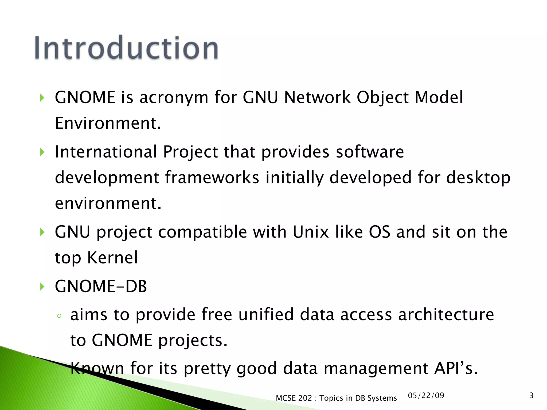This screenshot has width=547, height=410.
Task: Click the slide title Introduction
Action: point(126,48)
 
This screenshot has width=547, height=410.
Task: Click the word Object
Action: point(382,98)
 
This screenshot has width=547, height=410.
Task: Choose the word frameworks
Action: point(212,178)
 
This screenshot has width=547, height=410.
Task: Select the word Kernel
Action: point(112,258)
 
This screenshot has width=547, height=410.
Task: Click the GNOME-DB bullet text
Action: point(101,286)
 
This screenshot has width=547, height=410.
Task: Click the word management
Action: point(376,369)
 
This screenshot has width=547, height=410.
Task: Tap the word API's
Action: point(456,368)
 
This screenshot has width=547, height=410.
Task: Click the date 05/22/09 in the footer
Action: point(426,396)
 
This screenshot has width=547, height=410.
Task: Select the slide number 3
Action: point(531,396)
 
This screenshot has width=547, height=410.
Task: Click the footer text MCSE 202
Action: point(294,398)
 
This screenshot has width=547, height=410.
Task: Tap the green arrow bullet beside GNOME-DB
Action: point(42,287)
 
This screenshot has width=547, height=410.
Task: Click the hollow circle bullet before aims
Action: point(59,316)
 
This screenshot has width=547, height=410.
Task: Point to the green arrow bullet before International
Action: point(42,152)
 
